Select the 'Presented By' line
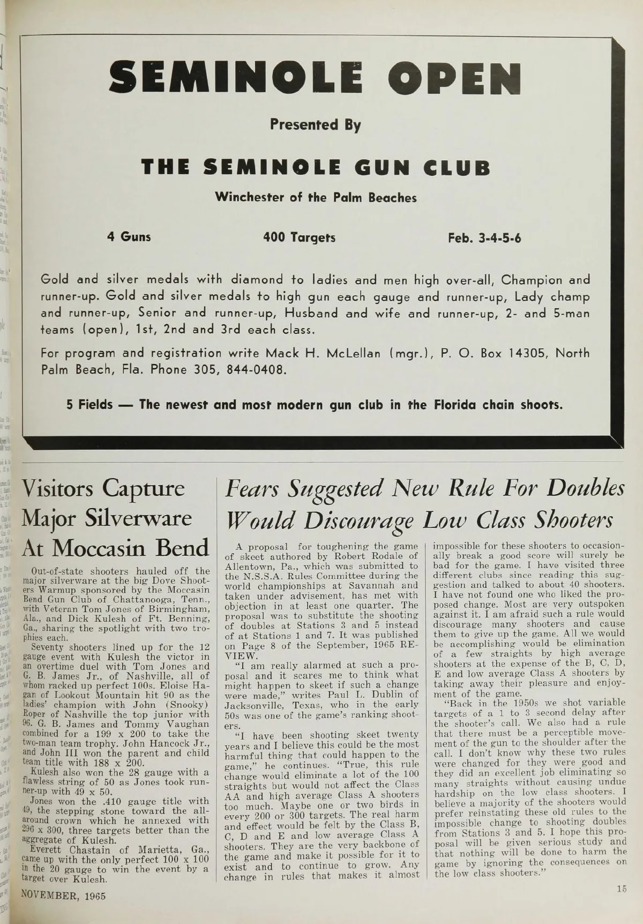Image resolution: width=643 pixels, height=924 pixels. [x=315, y=125]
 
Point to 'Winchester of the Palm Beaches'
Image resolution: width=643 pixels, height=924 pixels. [x=316, y=197]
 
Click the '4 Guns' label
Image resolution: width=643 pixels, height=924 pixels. [x=129, y=236]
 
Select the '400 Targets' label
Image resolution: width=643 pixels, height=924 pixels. [x=299, y=236]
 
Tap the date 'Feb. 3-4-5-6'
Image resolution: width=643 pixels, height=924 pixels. [x=484, y=237]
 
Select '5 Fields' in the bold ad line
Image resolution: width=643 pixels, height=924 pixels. [x=89, y=404]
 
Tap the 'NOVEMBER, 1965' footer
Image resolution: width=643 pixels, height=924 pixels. [x=63, y=897]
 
